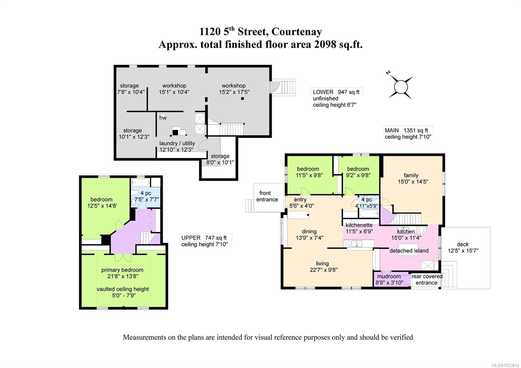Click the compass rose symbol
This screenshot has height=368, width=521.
point(401,87)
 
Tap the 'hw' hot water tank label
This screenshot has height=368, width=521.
point(163,118)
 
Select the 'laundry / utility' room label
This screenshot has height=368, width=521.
point(177,143)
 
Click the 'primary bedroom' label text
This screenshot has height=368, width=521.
point(122,270)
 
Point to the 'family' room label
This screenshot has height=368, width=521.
point(411,175)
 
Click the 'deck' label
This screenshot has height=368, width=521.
point(463,244)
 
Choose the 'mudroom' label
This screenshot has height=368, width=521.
point(389,276)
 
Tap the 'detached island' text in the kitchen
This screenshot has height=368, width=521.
point(409,251)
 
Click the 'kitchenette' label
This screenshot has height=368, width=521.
point(359,225)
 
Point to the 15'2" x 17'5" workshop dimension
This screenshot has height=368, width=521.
point(234,92)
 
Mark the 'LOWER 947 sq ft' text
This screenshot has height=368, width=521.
point(336,92)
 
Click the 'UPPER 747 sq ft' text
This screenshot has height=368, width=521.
point(204,238)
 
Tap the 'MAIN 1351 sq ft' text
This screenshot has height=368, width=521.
point(406,130)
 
